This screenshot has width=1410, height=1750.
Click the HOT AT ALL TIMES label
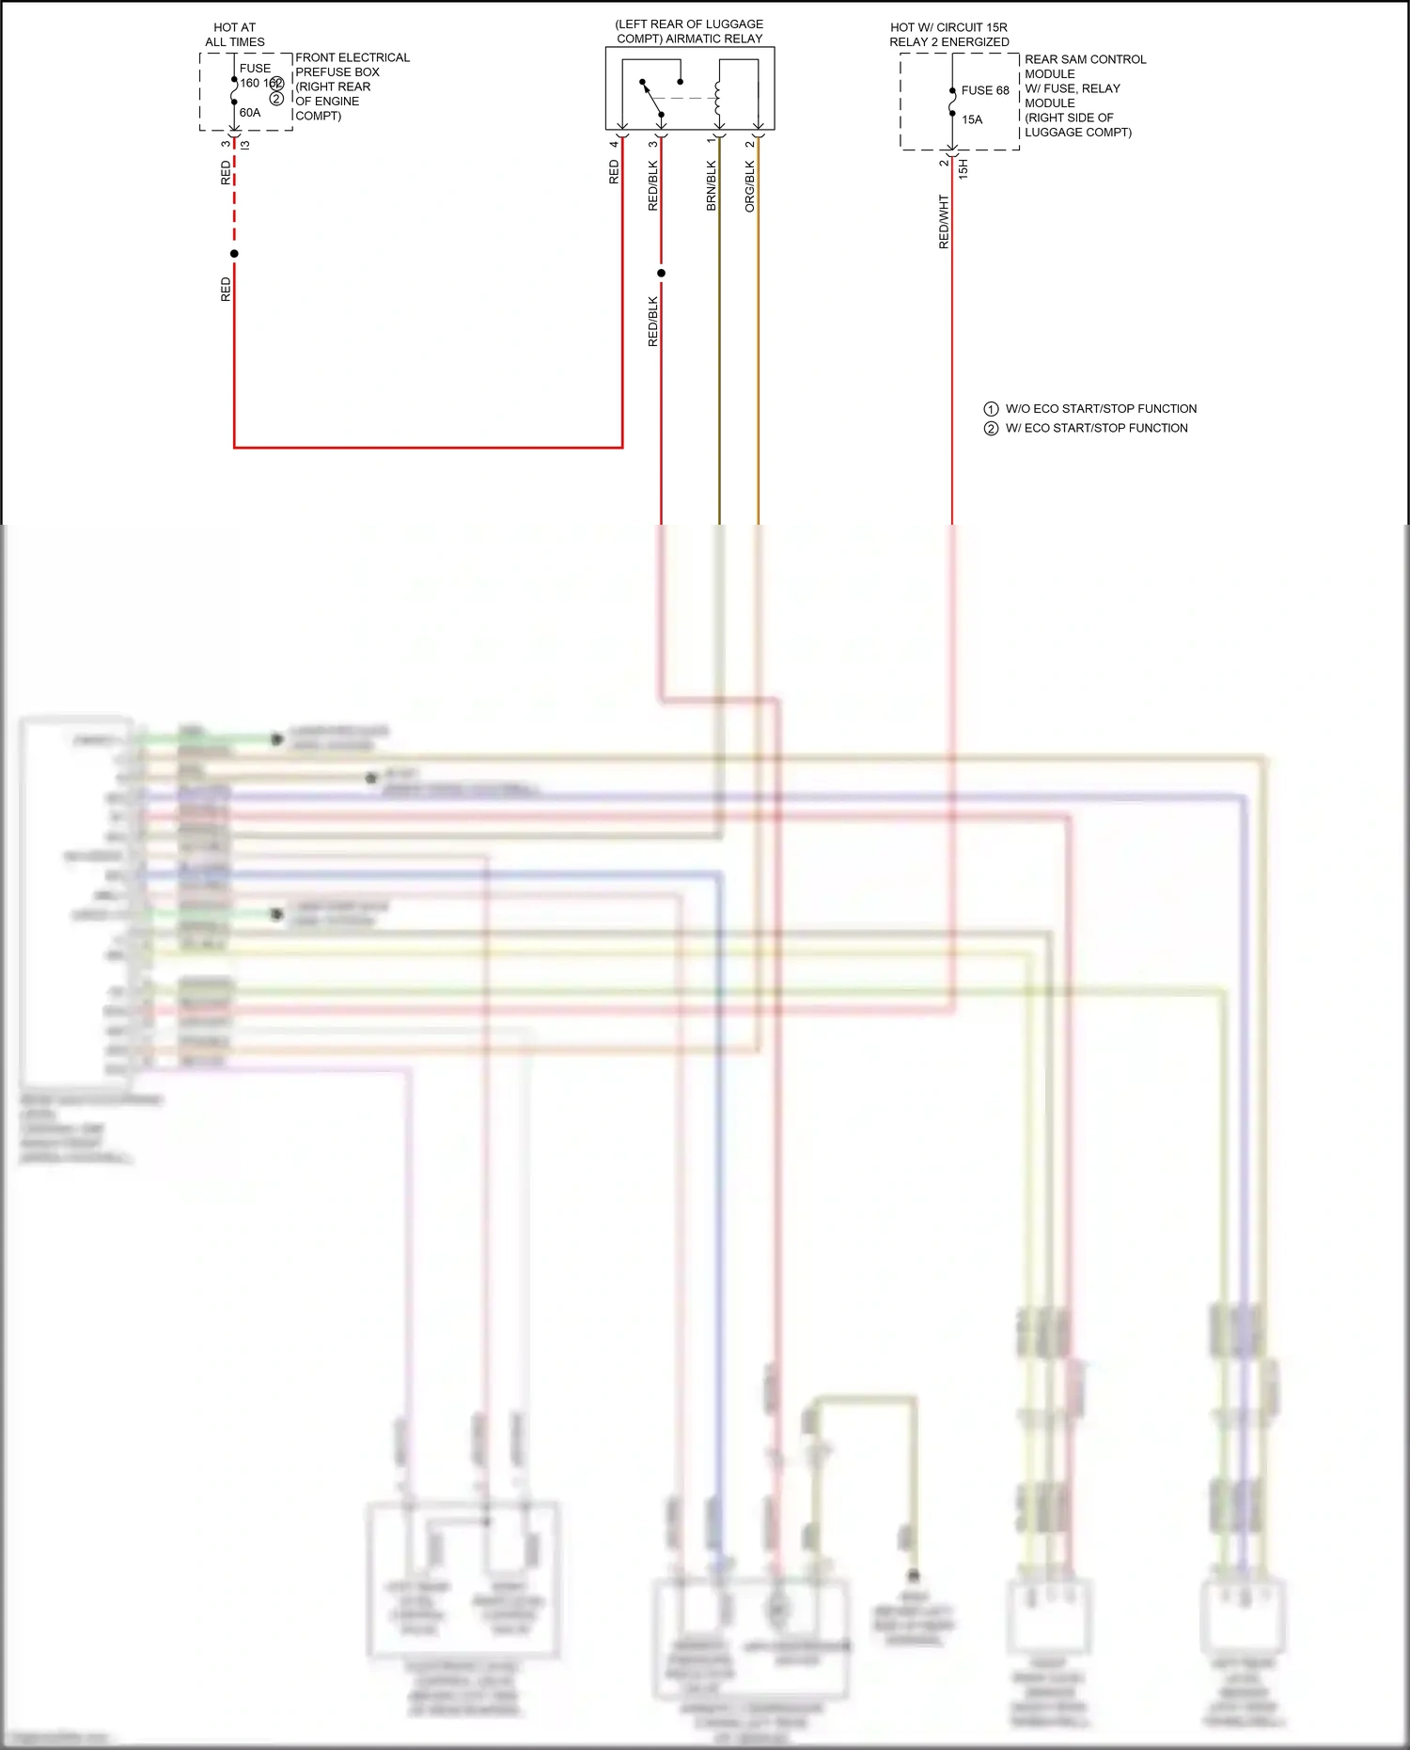234,35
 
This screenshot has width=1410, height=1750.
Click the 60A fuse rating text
250,113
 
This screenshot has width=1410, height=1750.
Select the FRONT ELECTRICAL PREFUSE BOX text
352,64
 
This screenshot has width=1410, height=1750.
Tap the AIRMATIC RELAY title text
689,31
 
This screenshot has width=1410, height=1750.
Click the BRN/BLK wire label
712,185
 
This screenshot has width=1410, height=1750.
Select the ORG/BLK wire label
750,185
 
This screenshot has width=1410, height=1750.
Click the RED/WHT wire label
944,222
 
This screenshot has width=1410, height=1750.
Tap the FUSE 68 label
985,91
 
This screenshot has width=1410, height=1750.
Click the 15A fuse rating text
972,120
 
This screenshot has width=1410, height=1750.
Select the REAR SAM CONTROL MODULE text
1085,66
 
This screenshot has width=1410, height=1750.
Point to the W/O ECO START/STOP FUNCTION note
1090,409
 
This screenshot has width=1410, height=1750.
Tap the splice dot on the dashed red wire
234,254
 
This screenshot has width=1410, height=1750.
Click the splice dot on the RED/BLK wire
661,274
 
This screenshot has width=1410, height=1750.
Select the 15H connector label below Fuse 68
963,169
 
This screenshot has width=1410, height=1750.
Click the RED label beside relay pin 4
614,171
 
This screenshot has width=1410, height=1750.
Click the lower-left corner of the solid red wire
234,447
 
